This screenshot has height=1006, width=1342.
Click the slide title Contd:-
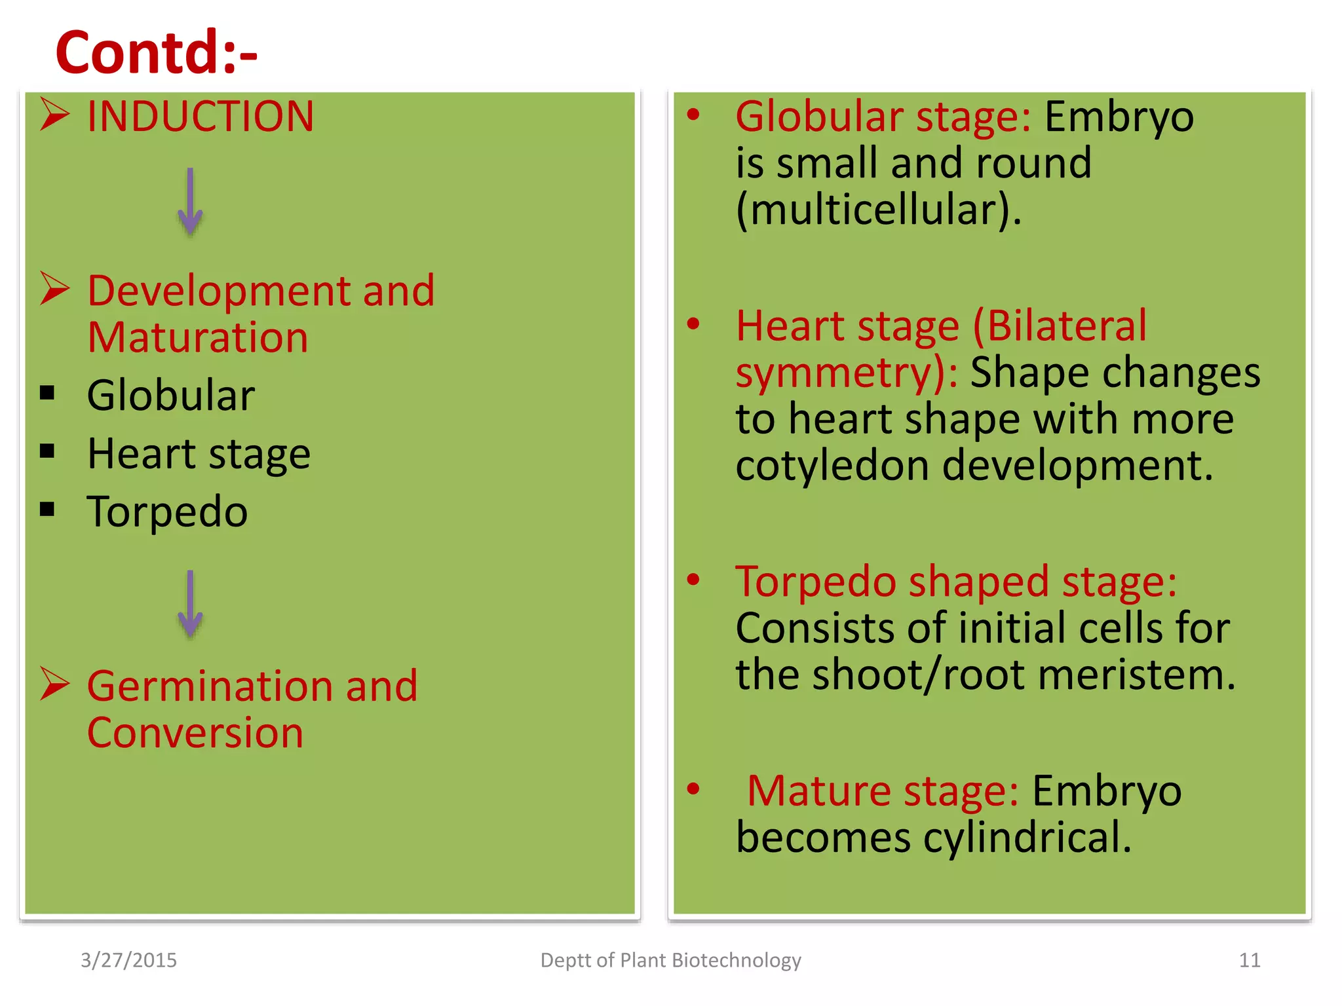tap(156, 52)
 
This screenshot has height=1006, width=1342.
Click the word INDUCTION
tap(201, 117)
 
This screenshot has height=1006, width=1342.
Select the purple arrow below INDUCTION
tap(190, 202)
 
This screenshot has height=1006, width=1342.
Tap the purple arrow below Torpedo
tap(190, 604)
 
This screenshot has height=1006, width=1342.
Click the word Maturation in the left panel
tap(197, 338)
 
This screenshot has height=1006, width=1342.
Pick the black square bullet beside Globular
tap(47, 393)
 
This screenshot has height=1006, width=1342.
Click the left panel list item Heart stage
tap(199, 454)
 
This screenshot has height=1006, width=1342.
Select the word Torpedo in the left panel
tap(167, 512)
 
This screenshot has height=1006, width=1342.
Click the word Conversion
tap(195, 733)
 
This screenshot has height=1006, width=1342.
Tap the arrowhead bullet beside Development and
tap(54, 289)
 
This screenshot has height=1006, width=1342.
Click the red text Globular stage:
tap(883, 117)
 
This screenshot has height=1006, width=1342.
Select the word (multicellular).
tap(878, 210)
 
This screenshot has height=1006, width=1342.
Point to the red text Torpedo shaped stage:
tap(955, 582)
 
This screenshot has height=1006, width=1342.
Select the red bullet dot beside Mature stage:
tap(693, 789)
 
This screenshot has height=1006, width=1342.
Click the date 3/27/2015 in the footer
tap(128, 960)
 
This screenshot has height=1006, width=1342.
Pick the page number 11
tap(1249, 960)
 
